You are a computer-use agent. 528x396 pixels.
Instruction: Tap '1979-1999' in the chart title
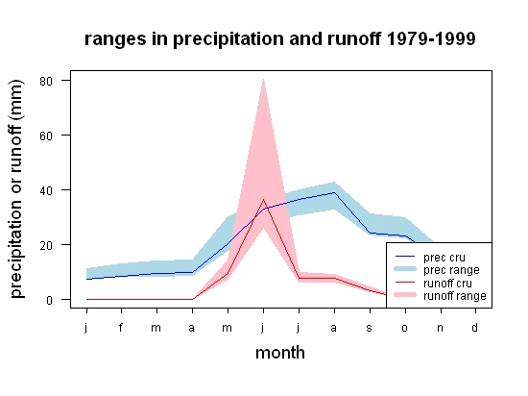(431, 38)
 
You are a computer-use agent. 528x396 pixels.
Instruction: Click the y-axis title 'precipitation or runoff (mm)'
(16, 189)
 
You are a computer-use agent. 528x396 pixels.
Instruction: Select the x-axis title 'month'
(280, 353)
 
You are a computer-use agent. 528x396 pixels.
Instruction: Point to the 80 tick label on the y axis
(46, 82)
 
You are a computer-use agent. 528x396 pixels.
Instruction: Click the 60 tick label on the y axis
(46, 136)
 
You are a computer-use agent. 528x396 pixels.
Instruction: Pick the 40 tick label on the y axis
(46, 190)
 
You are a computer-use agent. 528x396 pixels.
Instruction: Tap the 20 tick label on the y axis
(46, 246)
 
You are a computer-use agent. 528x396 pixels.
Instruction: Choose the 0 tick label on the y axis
(49, 300)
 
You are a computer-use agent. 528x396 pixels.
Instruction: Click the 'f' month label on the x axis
(121, 327)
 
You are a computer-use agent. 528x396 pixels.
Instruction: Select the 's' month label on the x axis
(370, 328)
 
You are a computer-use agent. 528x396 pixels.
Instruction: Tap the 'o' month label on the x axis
(405, 328)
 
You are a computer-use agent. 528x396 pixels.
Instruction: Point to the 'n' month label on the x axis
(440, 328)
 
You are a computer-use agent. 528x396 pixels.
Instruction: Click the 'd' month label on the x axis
(475, 327)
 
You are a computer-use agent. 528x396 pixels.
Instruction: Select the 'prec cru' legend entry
(430, 258)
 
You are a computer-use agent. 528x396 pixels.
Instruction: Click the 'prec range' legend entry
(437, 270)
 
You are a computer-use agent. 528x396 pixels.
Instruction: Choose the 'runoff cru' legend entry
(433, 283)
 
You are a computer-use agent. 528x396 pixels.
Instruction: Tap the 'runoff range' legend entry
(441, 296)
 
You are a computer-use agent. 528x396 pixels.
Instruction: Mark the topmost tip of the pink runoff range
(263, 79)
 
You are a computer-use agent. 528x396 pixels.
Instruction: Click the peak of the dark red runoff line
(263, 200)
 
